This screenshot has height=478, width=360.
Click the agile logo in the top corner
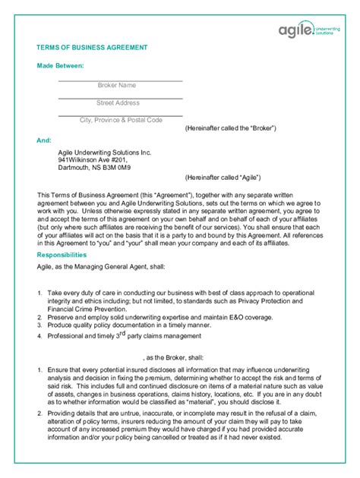(308, 30)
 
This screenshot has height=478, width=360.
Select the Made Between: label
(60, 67)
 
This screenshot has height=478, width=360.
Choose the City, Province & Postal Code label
(122, 120)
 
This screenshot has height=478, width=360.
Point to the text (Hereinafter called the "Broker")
(230, 128)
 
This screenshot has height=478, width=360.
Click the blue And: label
(44, 141)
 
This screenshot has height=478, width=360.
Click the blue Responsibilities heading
(68, 256)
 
